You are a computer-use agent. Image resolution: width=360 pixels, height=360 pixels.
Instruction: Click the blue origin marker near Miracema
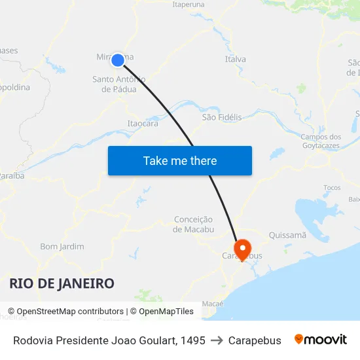click(118, 60)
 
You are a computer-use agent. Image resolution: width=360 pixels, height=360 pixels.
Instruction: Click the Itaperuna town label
click(188, 4)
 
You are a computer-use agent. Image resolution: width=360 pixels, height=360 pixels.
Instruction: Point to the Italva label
click(236, 59)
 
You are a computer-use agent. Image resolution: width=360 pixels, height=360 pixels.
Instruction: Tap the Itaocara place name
click(142, 123)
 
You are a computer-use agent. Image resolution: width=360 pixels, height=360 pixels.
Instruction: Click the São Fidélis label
click(222, 117)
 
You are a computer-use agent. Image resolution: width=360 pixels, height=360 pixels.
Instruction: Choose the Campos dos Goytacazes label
click(321, 141)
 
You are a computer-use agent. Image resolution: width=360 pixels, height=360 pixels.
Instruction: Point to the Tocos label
click(332, 188)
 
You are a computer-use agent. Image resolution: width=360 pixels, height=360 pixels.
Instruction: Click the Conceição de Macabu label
click(194, 224)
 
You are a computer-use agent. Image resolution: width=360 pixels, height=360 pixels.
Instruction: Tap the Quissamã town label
click(287, 235)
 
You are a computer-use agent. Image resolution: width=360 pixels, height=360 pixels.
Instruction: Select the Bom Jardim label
click(62, 247)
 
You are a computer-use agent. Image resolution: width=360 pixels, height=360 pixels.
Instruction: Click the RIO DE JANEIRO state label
click(62, 283)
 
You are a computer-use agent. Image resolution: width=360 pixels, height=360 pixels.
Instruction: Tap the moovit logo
click(321, 340)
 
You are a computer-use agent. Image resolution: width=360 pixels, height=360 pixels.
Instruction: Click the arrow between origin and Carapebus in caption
click(217, 340)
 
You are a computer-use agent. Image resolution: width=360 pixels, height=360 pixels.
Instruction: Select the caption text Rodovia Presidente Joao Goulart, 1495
click(109, 340)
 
